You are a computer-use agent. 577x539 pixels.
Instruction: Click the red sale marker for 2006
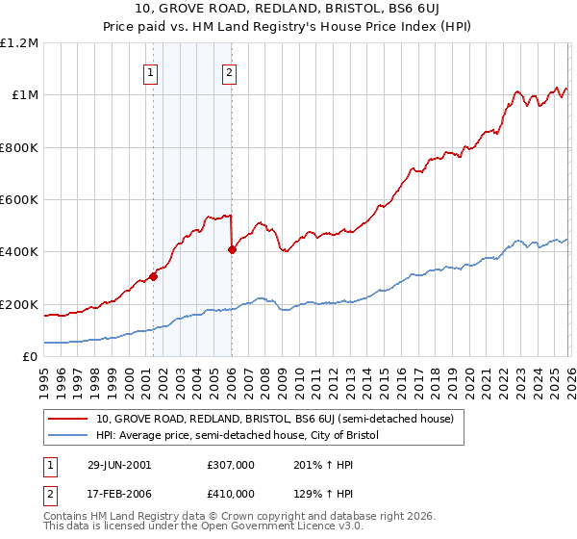[232, 249]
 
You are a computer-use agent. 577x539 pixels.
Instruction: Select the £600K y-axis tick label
[20, 200]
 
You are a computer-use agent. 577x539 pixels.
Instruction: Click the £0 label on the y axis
[31, 357]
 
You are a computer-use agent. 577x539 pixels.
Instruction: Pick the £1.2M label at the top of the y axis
[20, 43]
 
